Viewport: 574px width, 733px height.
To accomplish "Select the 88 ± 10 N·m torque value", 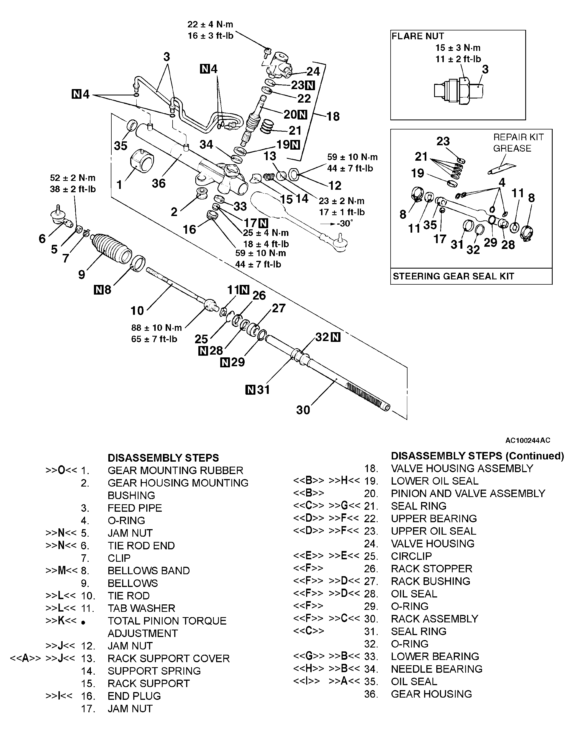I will pos(156,327).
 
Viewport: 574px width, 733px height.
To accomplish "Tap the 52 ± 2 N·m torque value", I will pos(73,178).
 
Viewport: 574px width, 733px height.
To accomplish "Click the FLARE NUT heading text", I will pos(418,36).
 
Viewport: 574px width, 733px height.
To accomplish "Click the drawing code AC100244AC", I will pos(528,440).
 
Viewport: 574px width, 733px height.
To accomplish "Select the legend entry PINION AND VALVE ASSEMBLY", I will pos(468,493).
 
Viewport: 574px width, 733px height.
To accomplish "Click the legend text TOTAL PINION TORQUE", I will pos(167,621).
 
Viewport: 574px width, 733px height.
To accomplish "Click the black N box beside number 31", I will pos(250,390).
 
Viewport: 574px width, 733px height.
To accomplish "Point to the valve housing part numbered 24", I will pos(279,64).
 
